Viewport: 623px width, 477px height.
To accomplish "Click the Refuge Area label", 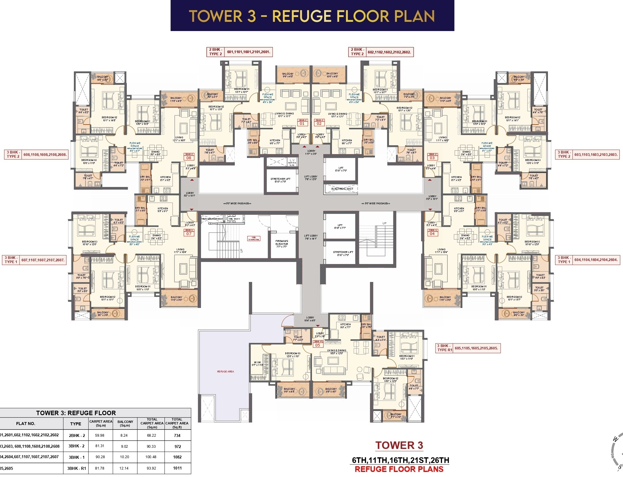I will pos(226,372).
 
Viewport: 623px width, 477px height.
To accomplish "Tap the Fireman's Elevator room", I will pos(282,244).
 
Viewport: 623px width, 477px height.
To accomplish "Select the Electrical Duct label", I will pos(342,189).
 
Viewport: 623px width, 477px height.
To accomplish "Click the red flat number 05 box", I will pos(318,345).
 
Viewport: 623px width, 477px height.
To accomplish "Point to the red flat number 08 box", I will pos(189,158).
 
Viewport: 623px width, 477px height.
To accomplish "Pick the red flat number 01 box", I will pos(302,123).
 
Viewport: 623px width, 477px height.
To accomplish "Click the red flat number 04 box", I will pos(432,234).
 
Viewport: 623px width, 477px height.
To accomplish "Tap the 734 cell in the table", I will pos(177,435).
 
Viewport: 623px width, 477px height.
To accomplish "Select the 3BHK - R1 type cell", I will pos(77,468).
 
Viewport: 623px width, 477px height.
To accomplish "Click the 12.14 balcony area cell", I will pos(124,468).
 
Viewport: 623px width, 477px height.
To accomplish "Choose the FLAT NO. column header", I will pos(26,424).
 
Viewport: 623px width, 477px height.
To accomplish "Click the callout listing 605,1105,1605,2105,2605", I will pos(476,348).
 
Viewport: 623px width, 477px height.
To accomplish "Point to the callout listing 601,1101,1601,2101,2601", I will pos(248,52).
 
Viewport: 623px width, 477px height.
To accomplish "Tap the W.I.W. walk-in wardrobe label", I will pos(257,363).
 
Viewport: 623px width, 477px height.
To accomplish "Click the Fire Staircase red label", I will pos(254,238).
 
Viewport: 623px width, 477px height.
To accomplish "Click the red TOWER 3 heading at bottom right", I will pos(399,445).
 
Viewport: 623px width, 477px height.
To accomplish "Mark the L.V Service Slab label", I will pos(292,162).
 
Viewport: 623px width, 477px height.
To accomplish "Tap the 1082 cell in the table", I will pos(177,457).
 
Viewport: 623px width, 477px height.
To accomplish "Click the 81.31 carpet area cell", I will pos(100,446).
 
